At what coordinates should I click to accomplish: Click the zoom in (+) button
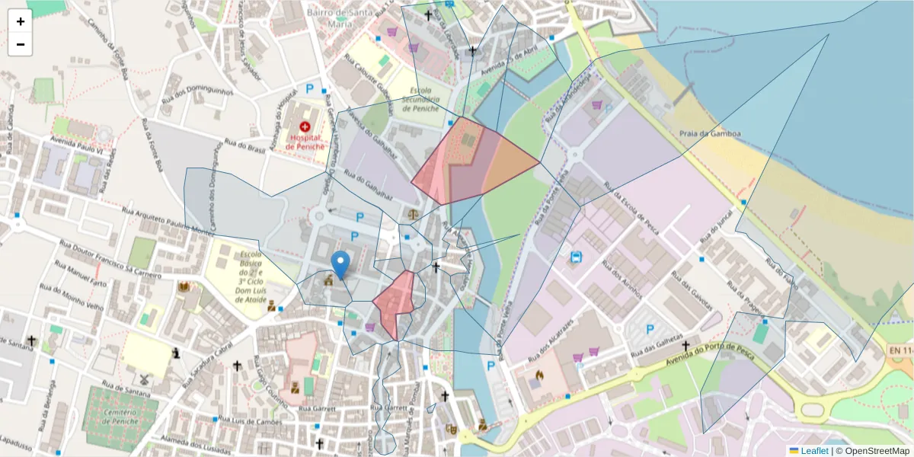click(20, 21)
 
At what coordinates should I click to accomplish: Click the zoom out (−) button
click(20, 44)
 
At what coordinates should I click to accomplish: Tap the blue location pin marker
click(342, 264)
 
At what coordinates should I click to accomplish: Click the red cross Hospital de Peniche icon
click(305, 126)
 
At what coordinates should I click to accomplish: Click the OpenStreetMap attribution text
click(873, 451)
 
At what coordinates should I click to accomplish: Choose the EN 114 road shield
click(900, 350)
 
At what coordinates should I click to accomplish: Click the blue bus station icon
click(577, 257)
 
